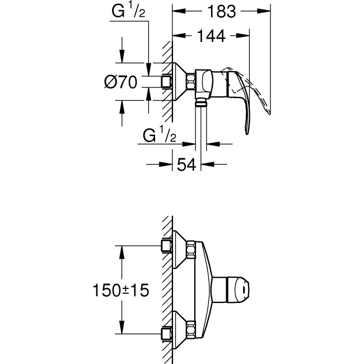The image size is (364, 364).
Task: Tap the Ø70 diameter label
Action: tap(121, 82)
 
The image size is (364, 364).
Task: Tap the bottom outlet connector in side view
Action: tap(200, 102)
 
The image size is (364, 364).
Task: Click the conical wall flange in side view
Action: tap(181, 82)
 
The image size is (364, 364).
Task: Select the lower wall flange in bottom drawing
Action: tap(181, 328)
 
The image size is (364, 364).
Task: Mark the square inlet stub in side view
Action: tap(166, 82)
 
